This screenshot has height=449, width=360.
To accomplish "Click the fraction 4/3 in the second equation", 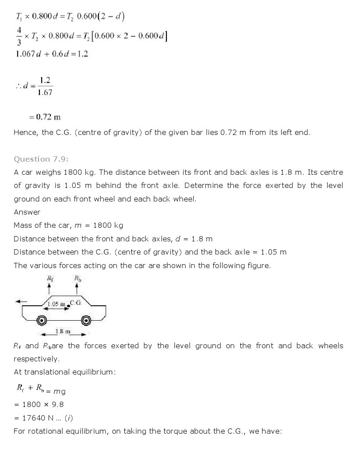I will click(x=18, y=36).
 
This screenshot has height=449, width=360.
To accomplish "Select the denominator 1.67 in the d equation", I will click(x=45, y=92).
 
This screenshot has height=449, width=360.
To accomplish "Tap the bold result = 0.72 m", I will click(x=45, y=117).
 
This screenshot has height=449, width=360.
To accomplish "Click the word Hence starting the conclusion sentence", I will click(x=25, y=132).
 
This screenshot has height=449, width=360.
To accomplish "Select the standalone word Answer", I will click(x=27, y=212).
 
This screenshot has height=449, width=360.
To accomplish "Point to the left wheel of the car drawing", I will click(x=42, y=321).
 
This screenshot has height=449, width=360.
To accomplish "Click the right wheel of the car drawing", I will click(x=86, y=321).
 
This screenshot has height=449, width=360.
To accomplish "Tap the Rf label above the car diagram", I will click(x=49, y=278).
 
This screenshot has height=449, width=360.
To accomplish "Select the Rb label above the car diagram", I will click(x=78, y=278).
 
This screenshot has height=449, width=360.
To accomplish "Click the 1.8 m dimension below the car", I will click(x=64, y=332).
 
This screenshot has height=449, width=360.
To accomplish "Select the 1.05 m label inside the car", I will click(x=56, y=304).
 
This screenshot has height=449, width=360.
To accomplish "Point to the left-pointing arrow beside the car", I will click(x=21, y=301).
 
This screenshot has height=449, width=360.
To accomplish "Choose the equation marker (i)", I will click(x=69, y=418).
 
